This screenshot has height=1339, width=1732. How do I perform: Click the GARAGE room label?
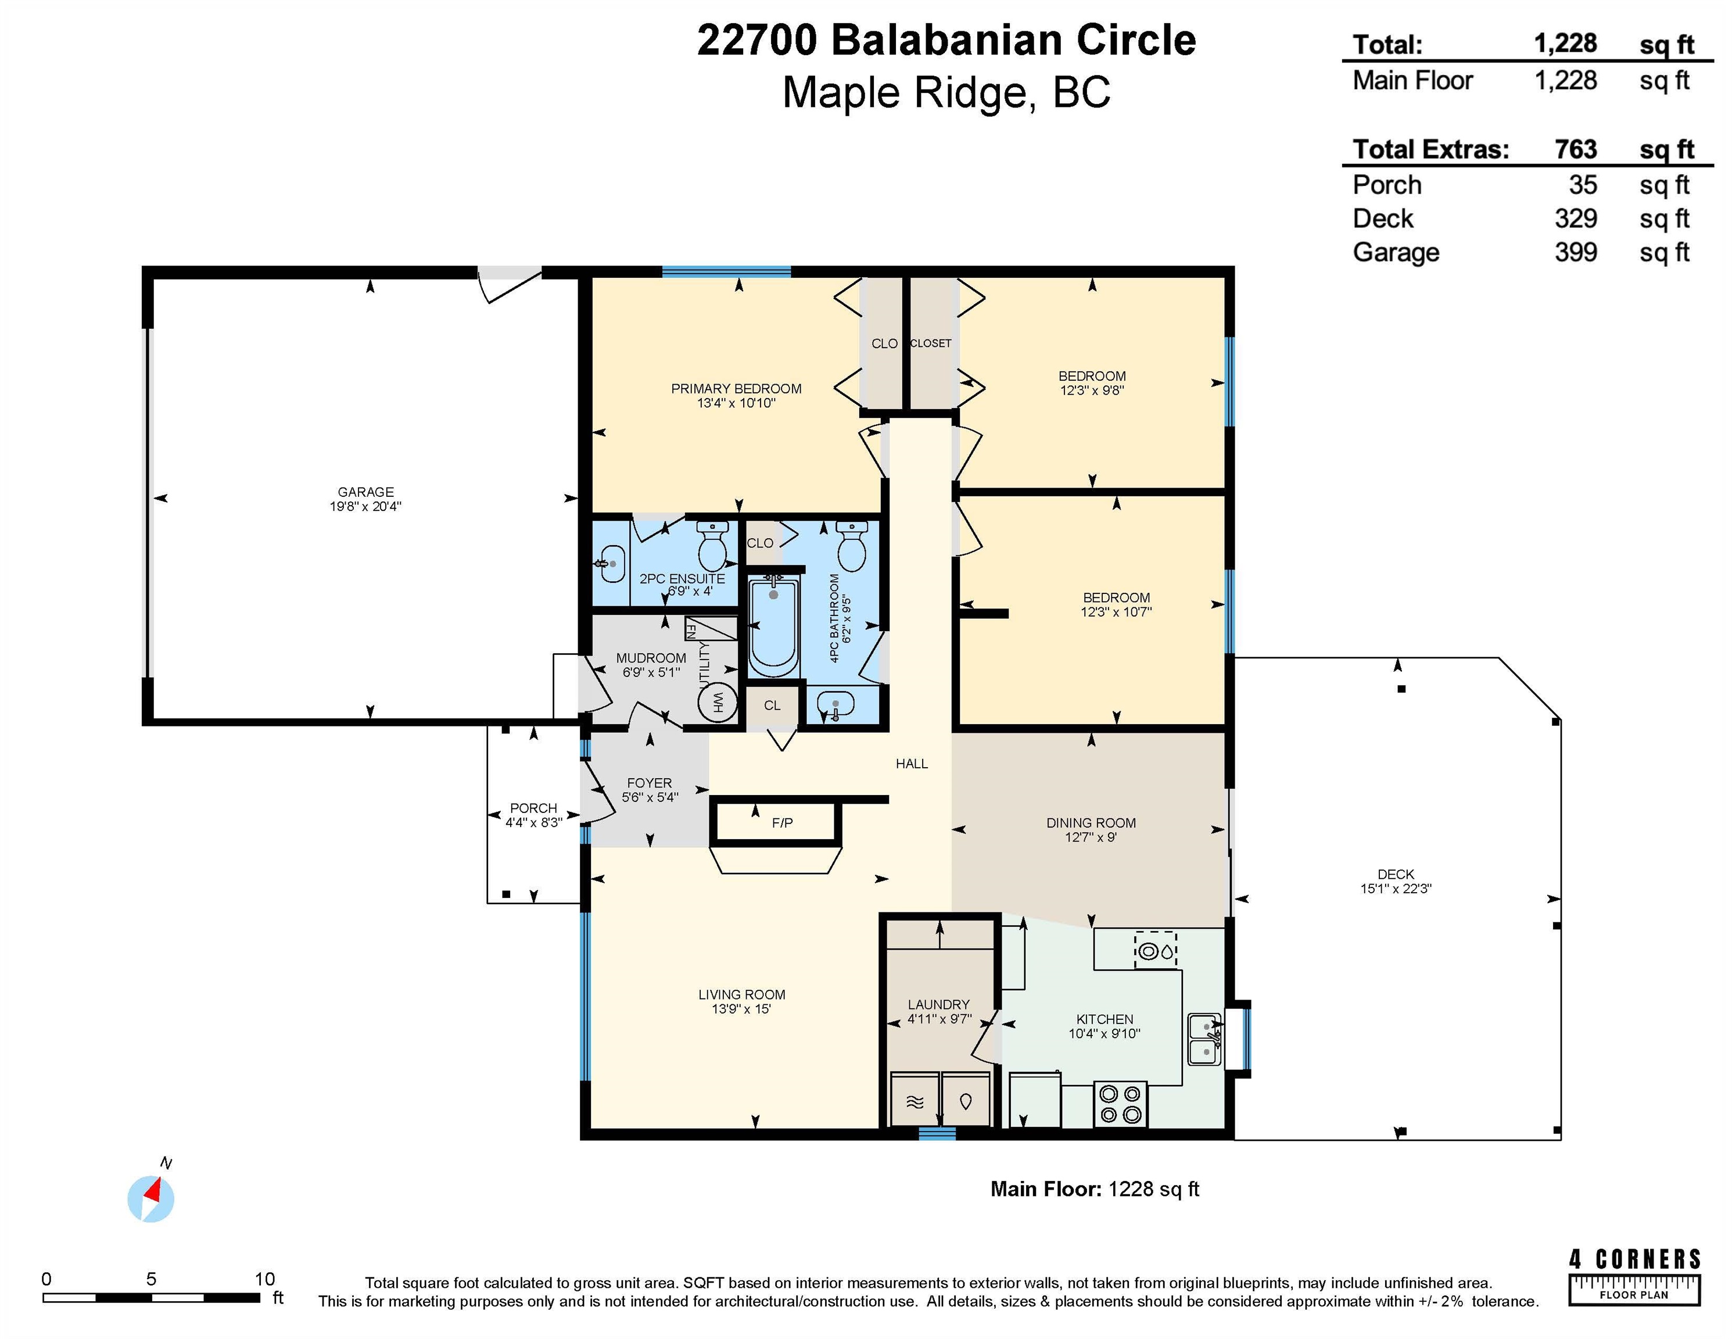[x=365, y=492]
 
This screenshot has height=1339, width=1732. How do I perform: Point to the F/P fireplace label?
[x=782, y=822]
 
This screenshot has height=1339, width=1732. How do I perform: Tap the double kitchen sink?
[x=1204, y=1039]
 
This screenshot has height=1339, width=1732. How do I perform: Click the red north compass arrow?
[x=152, y=1190]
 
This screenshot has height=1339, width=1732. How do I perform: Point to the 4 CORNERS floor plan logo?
[x=1634, y=1277]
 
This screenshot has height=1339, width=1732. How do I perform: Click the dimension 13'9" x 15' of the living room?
[x=741, y=1009]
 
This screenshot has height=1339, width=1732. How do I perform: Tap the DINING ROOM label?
[x=1091, y=822]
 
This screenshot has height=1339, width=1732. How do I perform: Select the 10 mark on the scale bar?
[x=264, y=1279]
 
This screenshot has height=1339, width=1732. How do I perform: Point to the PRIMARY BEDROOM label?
[x=736, y=389]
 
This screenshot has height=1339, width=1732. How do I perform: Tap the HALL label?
[x=911, y=764]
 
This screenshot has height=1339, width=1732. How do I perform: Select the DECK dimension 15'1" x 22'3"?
[x=1396, y=889]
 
